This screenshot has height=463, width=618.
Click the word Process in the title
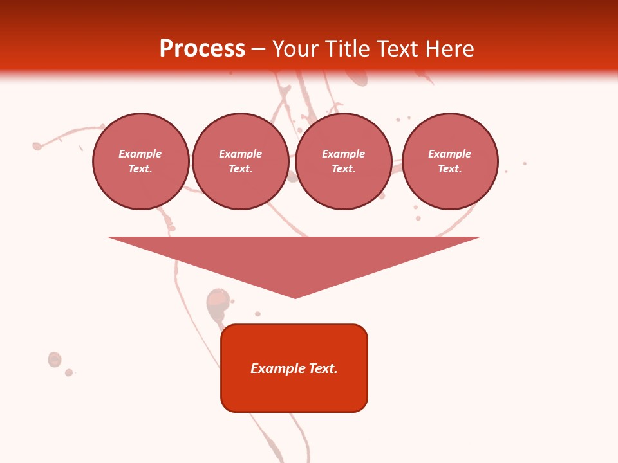point(202,49)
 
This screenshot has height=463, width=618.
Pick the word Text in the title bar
point(397,49)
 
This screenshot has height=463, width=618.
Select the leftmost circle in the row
point(141,161)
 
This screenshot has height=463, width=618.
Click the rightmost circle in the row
point(450,161)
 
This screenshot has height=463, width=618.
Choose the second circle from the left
point(240,161)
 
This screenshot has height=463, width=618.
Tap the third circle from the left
point(344,161)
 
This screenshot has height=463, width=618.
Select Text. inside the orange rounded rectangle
point(323,368)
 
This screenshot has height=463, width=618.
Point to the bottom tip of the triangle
point(295,297)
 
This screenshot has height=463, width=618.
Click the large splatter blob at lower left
point(55,359)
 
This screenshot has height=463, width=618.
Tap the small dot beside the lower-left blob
point(69,372)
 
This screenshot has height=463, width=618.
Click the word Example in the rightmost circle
point(449,154)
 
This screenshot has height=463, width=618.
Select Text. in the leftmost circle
point(140,169)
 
